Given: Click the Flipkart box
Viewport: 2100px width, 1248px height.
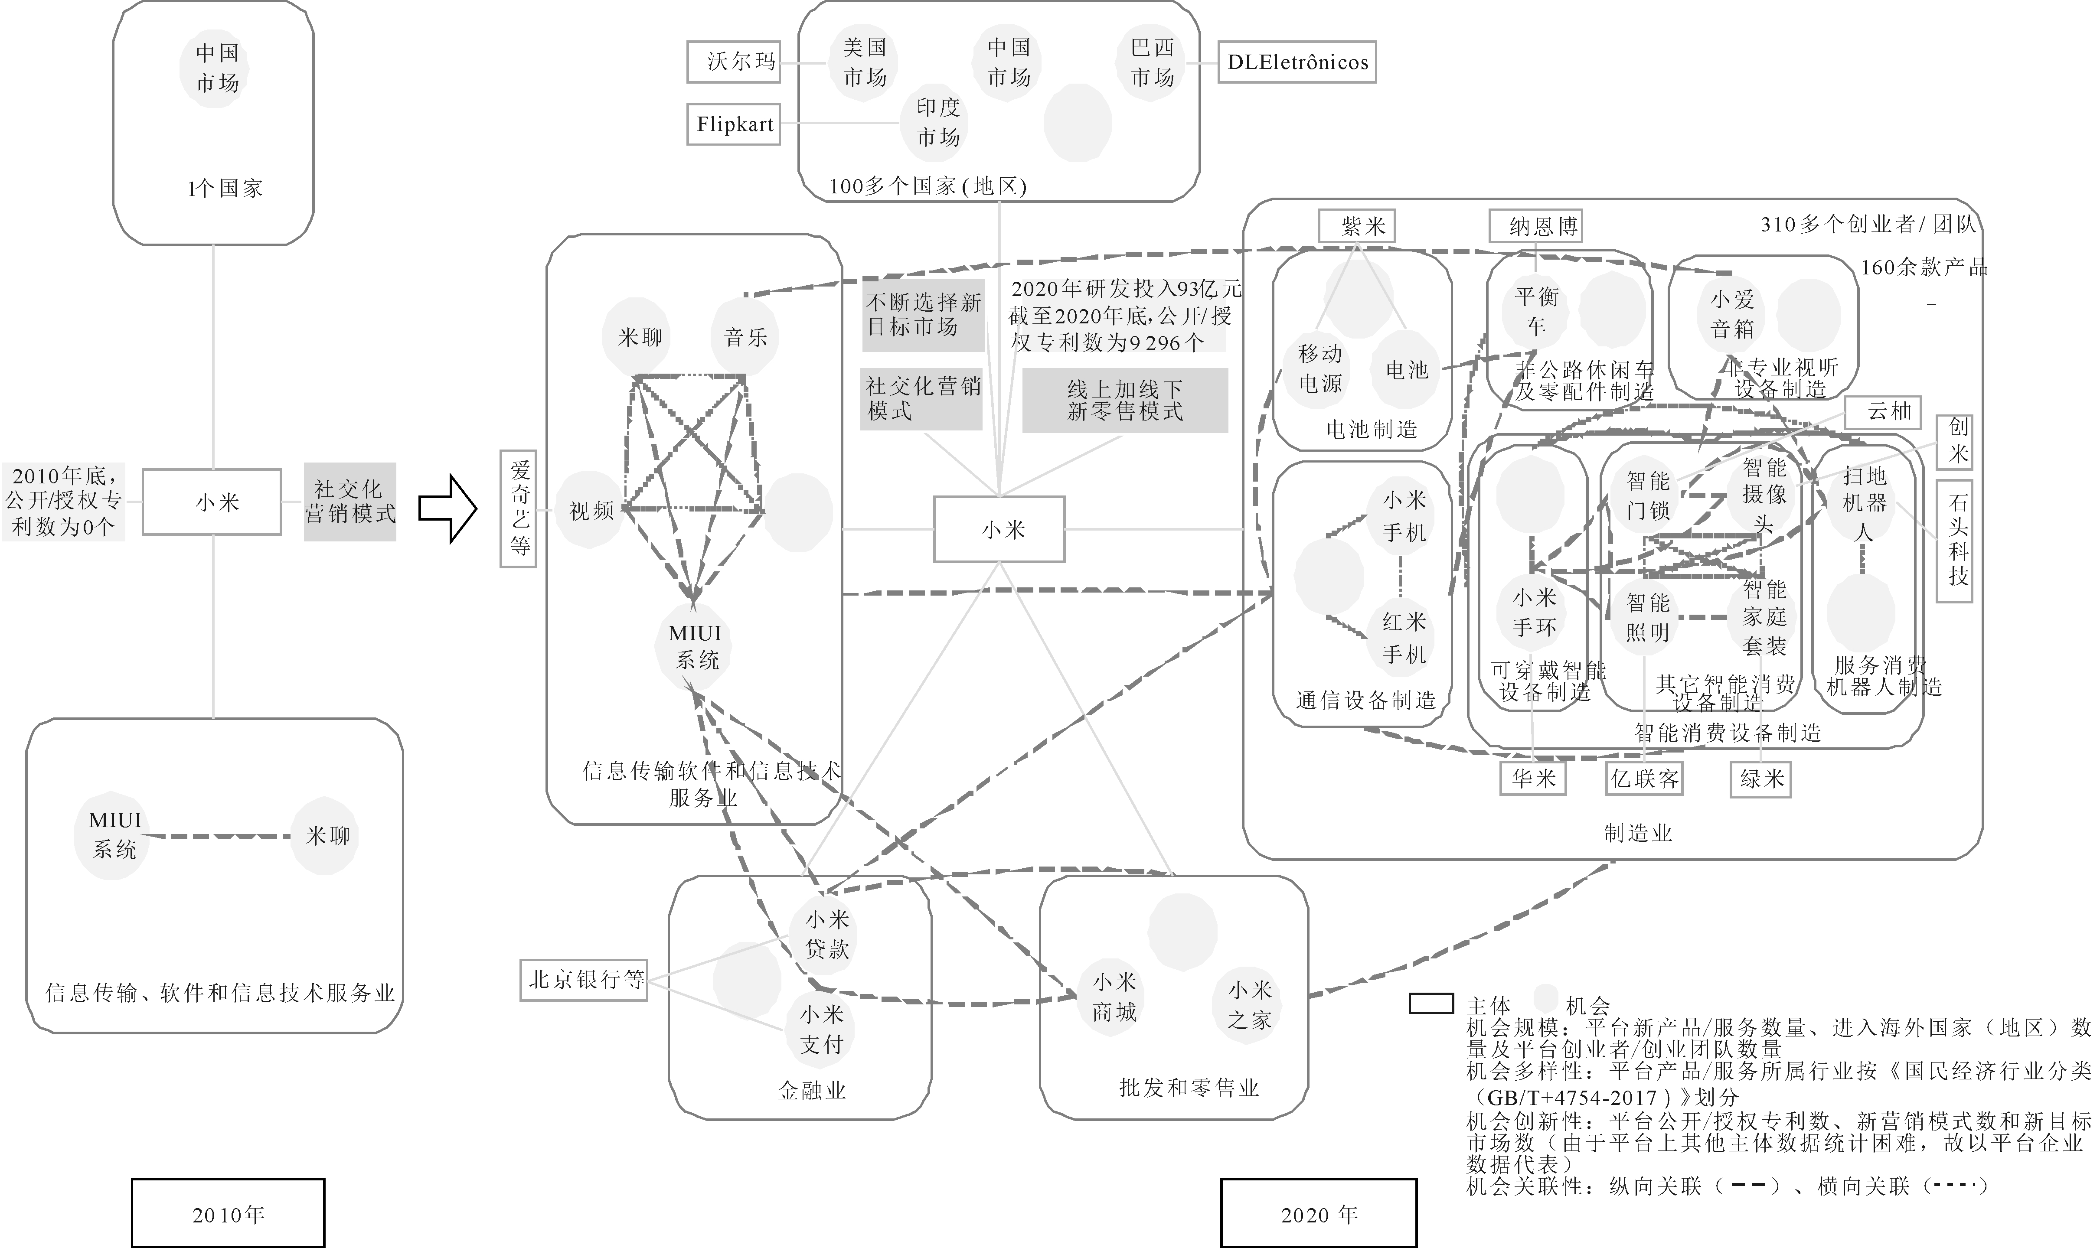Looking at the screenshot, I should [734, 124].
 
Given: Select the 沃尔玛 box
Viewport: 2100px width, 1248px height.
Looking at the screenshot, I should [733, 62].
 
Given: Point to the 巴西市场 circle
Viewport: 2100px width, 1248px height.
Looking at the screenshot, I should [1151, 62].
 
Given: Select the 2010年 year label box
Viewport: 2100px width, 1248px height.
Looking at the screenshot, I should [228, 1213].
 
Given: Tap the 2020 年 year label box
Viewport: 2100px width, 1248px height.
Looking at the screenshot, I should [1318, 1213].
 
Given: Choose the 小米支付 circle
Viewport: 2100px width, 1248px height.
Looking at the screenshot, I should [821, 1030].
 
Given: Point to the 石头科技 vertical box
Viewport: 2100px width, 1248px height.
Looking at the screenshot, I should [1959, 541].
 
